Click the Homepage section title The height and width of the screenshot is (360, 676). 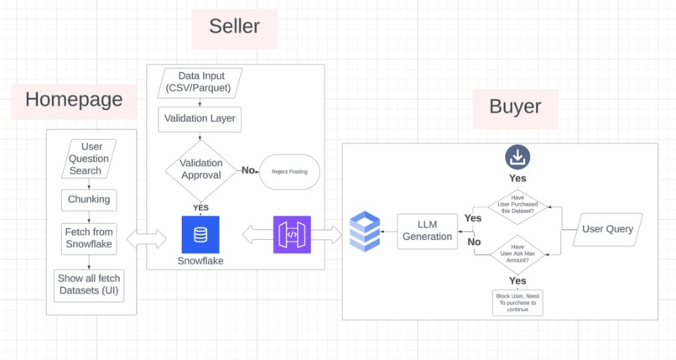point(74,100)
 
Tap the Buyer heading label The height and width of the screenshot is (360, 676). point(515,107)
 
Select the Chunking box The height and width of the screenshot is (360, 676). point(88,200)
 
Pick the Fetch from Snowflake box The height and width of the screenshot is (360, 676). point(89,237)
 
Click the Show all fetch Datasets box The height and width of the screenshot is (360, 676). point(88,284)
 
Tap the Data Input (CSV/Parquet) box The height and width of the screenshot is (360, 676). point(200,81)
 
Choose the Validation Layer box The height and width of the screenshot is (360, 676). point(200,118)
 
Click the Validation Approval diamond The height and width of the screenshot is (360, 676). point(200,170)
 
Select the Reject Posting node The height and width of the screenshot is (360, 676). point(289,172)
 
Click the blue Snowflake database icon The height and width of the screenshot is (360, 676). point(200,235)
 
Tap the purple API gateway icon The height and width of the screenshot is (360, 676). point(292,235)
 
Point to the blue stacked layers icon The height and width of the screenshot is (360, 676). point(365,232)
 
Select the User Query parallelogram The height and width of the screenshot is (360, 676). point(608,229)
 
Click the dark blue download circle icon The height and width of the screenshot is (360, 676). point(517,157)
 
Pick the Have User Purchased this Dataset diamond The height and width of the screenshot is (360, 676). point(517,206)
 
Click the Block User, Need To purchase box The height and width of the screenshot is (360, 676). point(517,302)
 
